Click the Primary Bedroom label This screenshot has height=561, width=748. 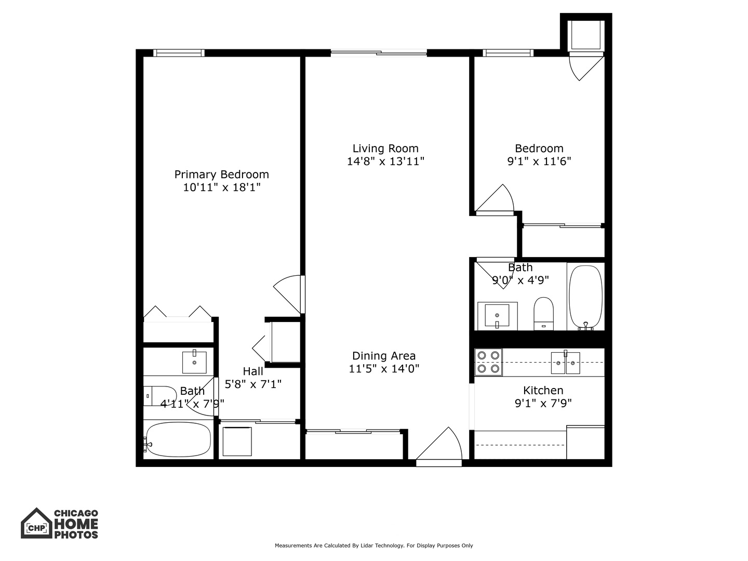(x=221, y=175)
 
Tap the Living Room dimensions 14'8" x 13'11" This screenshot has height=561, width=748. (x=385, y=162)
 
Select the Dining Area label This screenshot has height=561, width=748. (x=384, y=356)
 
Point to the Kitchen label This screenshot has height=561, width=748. (x=543, y=391)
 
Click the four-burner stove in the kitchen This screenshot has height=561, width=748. (x=488, y=362)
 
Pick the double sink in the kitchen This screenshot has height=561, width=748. (x=565, y=363)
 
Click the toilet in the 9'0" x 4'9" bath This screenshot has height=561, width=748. (x=543, y=313)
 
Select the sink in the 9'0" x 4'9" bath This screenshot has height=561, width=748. (x=497, y=315)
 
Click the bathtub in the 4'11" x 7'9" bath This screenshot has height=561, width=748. (x=178, y=439)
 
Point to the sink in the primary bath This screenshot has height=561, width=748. (x=194, y=362)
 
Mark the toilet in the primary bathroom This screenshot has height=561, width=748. (x=160, y=396)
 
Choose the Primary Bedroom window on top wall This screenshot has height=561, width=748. (x=179, y=52)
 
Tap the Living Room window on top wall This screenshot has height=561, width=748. (x=379, y=52)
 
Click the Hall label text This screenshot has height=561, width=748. (x=253, y=371)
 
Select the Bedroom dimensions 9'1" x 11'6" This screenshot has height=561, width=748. (x=539, y=162)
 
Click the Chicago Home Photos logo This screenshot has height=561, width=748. (x=60, y=523)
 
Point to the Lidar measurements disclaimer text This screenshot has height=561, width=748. (x=373, y=545)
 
